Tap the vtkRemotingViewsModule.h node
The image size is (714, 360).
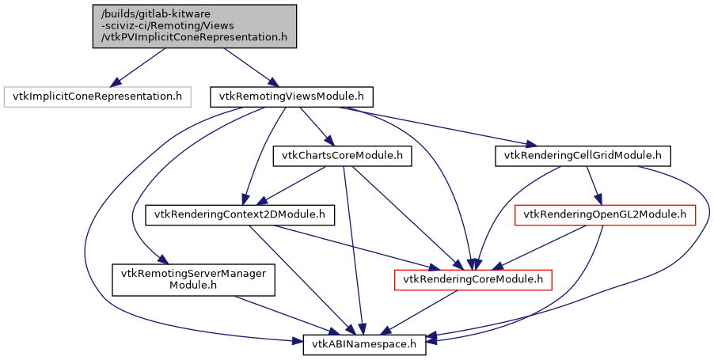(291, 97)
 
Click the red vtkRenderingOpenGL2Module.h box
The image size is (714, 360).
(606, 214)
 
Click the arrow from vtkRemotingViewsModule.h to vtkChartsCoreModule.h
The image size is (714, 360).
(317, 127)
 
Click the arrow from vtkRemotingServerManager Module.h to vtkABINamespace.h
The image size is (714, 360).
(277, 313)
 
